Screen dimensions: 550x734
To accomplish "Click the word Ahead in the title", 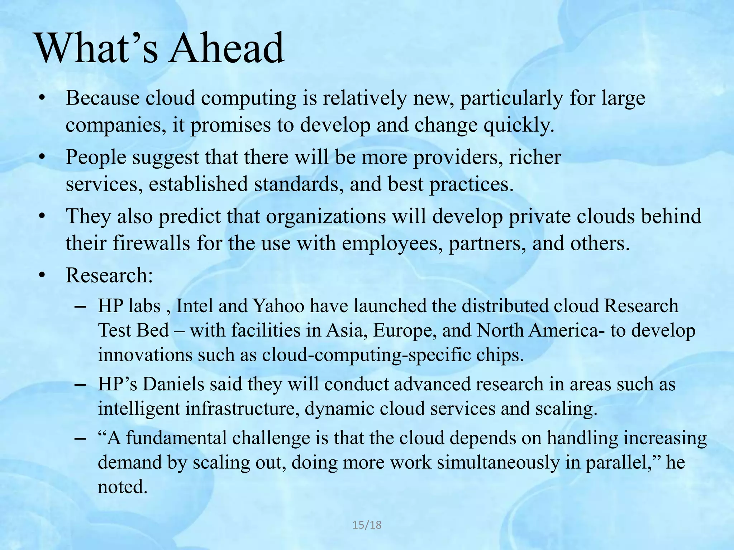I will click(227, 48).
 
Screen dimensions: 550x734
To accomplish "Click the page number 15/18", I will click(367, 525).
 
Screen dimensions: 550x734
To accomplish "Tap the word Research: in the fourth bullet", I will click(109, 275).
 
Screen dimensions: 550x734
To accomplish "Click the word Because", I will click(103, 98).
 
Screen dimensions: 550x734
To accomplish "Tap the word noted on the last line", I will click(123, 487).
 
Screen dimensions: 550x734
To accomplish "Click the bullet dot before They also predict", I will click(43, 217).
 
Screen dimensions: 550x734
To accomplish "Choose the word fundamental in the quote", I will click(177, 438).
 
